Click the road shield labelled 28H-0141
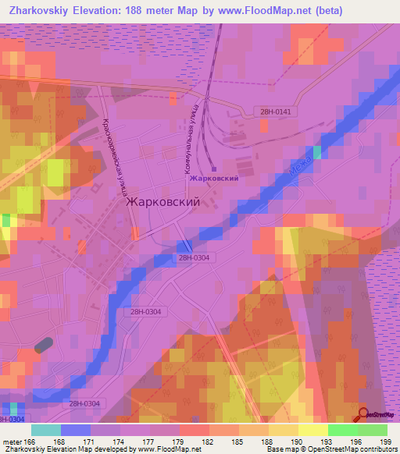(x=276, y=112)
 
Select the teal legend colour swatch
(x=45, y=430)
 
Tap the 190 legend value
(x=298, y=441)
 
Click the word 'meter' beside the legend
(x=12, y=441)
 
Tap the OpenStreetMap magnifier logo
(x=364, y=416)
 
